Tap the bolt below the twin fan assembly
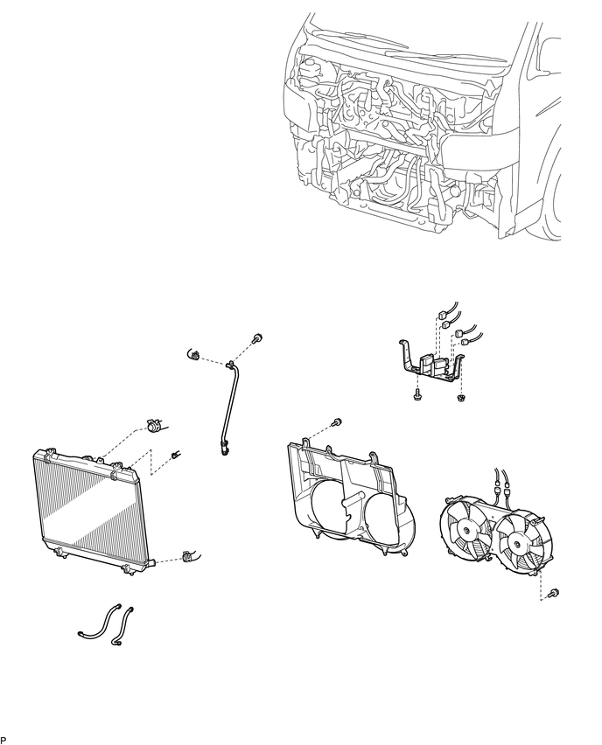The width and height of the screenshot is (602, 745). coord(554,594)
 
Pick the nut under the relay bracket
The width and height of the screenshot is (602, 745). coord(461,399)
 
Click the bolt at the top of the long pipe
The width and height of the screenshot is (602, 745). coord(258,338)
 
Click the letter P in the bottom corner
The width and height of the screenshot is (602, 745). coord(3,739)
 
